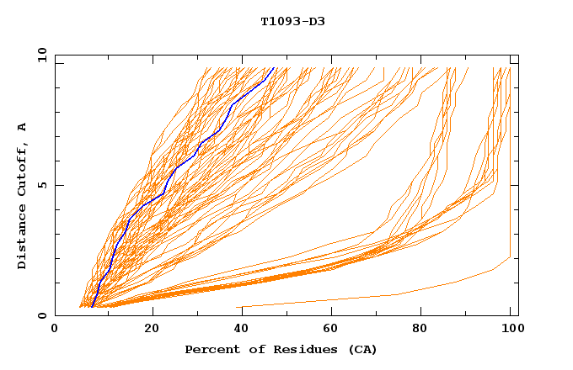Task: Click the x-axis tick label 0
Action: tap(55, 329)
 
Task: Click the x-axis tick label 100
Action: tap(511, 329)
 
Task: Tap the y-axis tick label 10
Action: tap(40, 54)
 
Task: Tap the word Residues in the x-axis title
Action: tap(292, 350)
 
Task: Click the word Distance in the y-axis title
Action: tap(23, 238)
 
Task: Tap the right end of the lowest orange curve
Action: tap(511, 257)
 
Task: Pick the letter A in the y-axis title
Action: tap(23, 127)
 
